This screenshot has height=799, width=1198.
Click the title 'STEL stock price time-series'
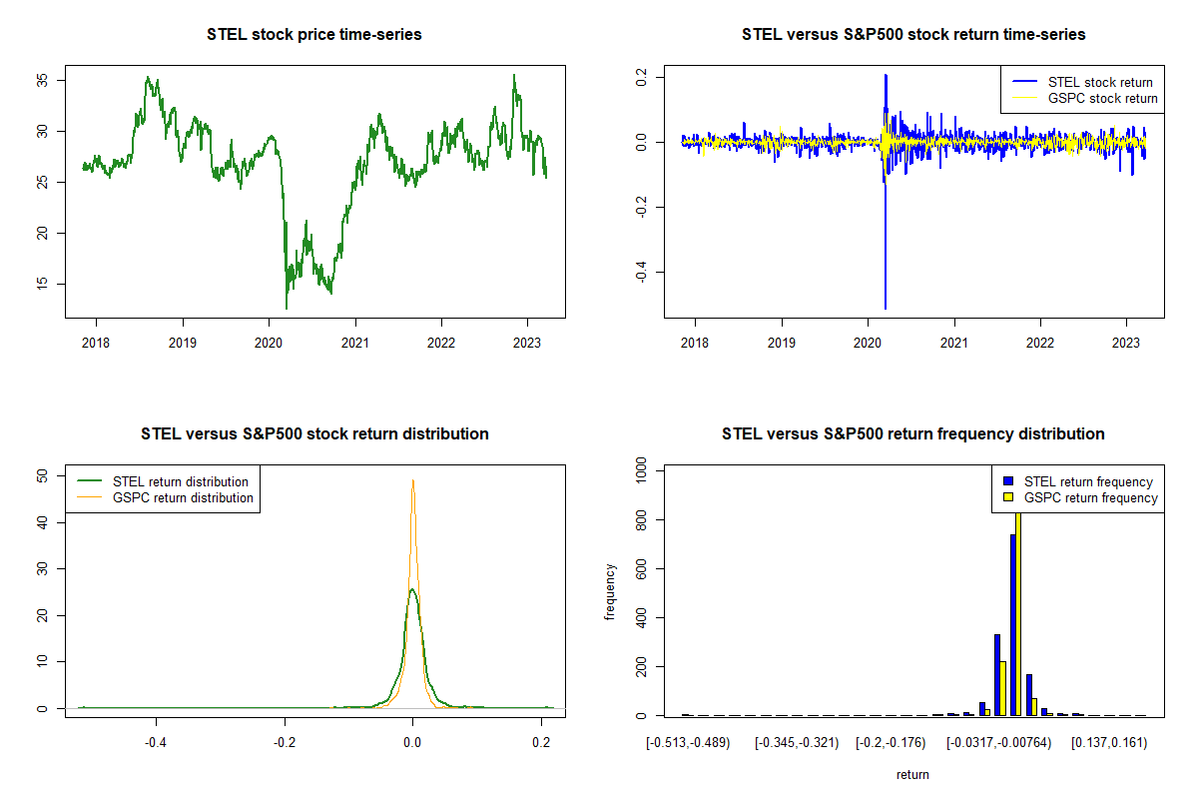pos(314,35)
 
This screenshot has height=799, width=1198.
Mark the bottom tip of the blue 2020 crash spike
pos(886,308)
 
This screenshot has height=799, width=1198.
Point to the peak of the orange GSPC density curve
pos(412,480)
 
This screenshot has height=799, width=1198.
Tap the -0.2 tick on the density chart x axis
pos(285,743)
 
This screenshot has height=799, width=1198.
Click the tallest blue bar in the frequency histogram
pos(1012,624)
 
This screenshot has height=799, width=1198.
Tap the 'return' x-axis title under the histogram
pos(912,774)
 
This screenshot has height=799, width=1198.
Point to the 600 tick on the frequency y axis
pos(637,569)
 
